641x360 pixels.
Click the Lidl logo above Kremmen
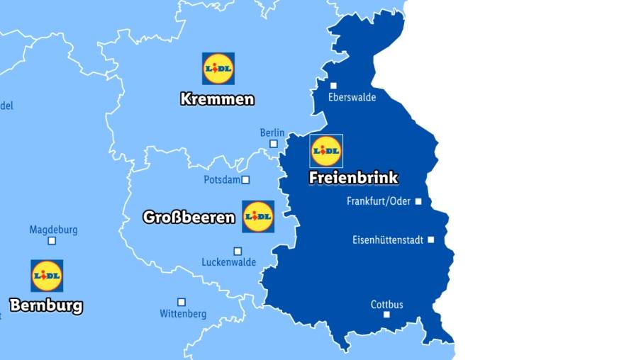[x=218, y=68]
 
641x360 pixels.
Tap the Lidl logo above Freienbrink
[x=327, y=151]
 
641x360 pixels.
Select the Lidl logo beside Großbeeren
[x=258, y=216]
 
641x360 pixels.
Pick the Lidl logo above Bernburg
[x=47, y=276]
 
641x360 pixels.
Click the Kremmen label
[x=217, y=99]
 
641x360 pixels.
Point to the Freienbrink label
[x=353, y=178]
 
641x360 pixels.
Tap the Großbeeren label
[x=189, y=217]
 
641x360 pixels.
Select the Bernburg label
[x=46, y=306]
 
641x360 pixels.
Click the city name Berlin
[x=272, y=133]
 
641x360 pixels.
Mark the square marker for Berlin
[x=273, y=144]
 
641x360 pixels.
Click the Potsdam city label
[x=222, y=180]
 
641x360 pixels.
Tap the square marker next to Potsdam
[x=246, y=180]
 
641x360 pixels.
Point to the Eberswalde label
[x=352, y=97]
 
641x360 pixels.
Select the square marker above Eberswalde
[x=333, y=86]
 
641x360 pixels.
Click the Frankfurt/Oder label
[x=379, y=201]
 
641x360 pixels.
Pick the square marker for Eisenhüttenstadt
[x=430, y=240]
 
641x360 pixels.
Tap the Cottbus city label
[x=387, y=305]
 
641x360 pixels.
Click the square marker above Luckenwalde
[x=238, y=251]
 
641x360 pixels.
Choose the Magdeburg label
[x=53, y=230]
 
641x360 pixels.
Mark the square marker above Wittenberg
[x=182, y=302]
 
